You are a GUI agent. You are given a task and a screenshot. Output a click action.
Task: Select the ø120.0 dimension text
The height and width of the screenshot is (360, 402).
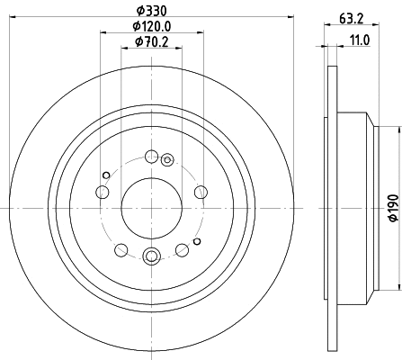(150, 26)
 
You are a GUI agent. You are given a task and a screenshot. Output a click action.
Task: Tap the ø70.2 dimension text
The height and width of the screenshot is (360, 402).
(150, 41)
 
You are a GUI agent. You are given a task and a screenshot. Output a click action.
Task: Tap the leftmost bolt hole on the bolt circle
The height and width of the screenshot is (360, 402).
(102, 193)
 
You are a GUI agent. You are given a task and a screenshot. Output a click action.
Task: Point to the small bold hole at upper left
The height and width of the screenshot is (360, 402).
(106, 175)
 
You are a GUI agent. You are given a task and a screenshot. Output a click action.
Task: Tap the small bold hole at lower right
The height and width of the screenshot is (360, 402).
(195, 243)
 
